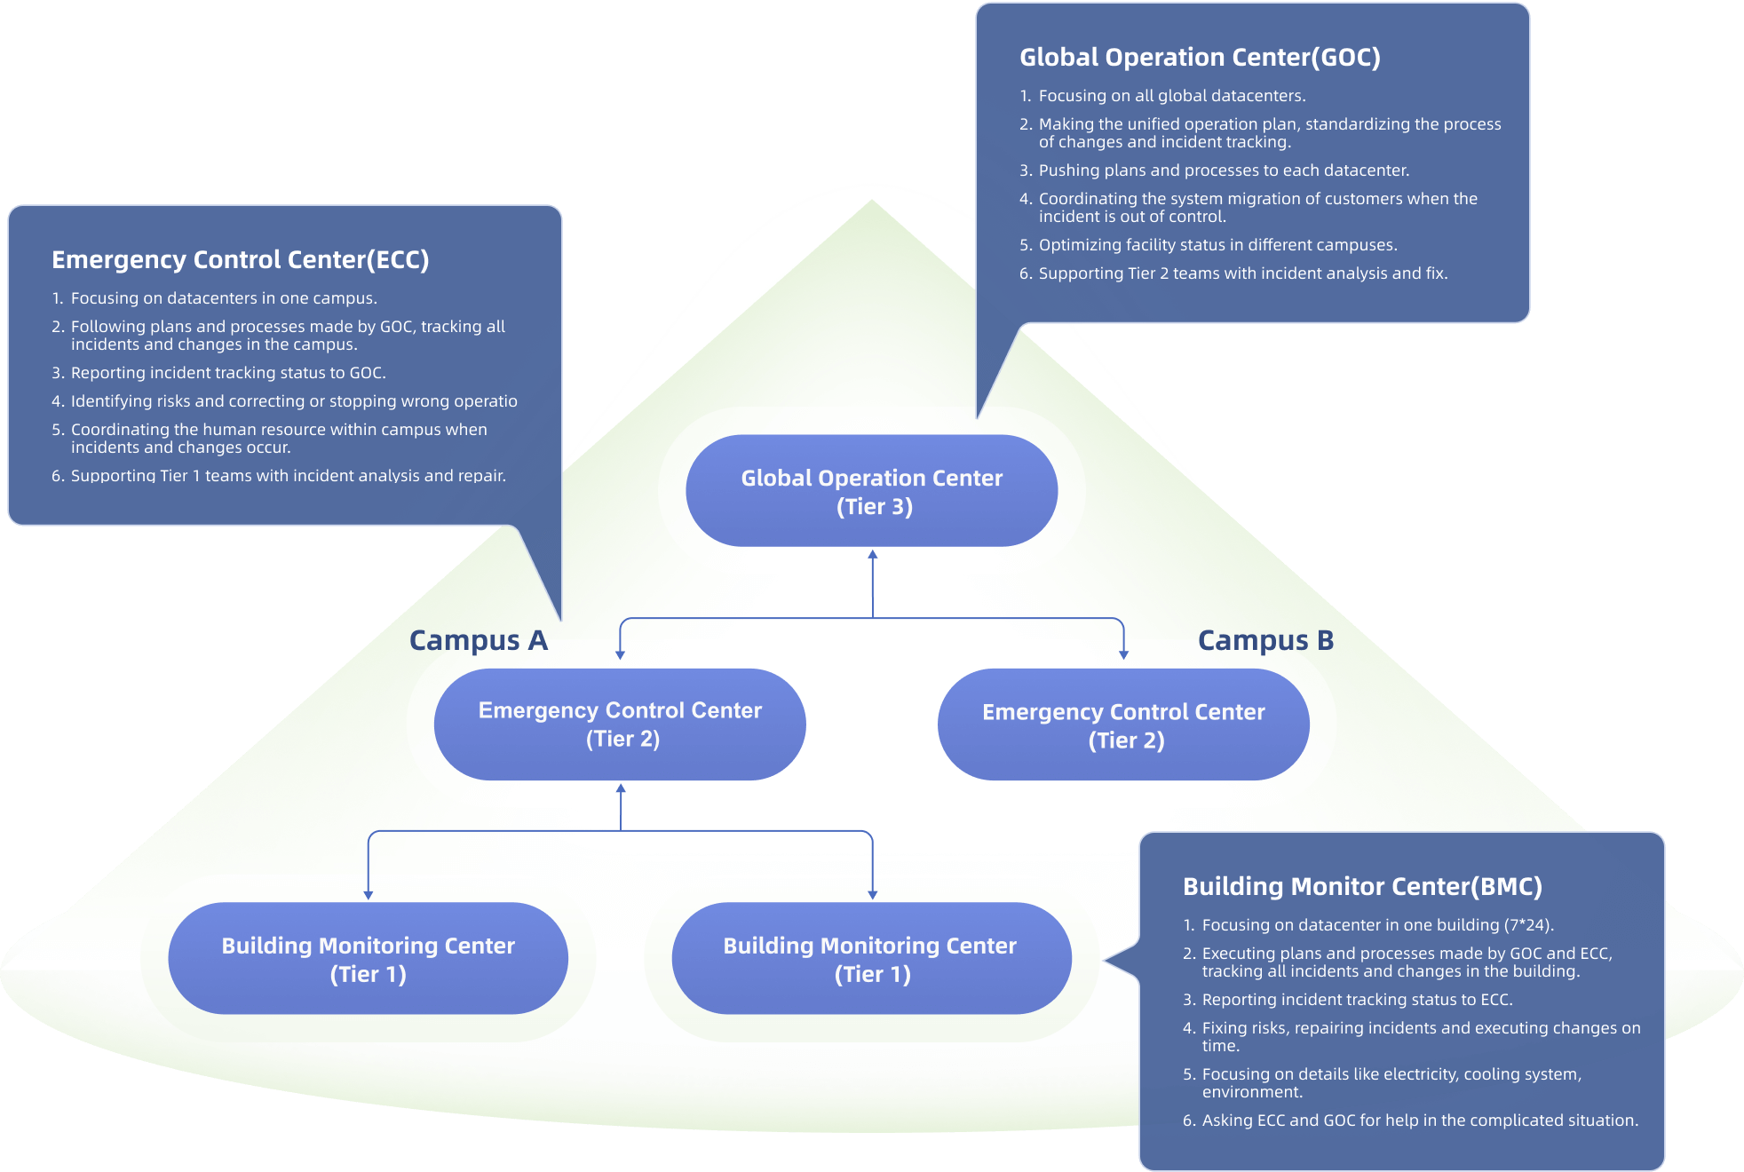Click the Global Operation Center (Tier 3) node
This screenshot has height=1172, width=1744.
click(871, 491)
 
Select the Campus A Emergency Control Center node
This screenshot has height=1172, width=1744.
click(620, 725)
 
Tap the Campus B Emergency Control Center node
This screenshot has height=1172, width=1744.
click(1123, 725)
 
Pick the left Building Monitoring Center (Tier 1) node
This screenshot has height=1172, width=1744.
click(368, 959)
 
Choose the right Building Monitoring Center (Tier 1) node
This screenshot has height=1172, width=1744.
click(871, 959)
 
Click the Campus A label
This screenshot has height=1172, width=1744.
click(478, 640)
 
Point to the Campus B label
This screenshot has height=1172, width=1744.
click(1265, 640)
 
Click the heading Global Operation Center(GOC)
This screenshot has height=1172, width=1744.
click(1200, 58)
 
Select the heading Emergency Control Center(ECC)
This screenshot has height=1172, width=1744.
click(240, 260)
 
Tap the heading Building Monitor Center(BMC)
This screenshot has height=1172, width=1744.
click(1362, 887)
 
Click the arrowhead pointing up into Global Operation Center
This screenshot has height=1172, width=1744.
click(873, 555)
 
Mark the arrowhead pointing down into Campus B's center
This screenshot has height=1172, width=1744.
click(1123, 654)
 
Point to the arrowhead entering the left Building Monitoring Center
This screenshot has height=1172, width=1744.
click(369, 895)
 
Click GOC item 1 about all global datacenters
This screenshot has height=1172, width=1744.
click(1171, 96)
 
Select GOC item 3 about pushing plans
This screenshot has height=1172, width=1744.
click(1223, 170)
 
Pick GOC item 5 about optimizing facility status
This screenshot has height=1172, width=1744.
click(1217, 245)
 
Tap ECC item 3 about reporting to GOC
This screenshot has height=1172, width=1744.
click(227, 373)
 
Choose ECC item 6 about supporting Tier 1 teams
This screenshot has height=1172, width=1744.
click(288, 476)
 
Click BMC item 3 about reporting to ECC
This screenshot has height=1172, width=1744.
click(1356, 1000)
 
